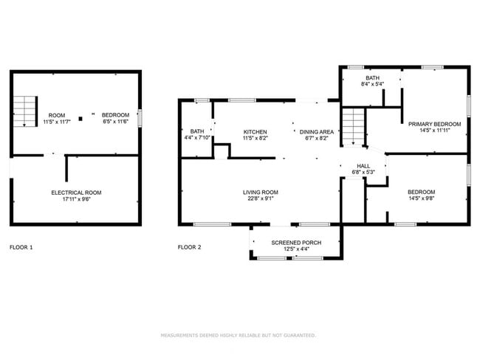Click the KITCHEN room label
click(x=256, y=132)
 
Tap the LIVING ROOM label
click(x=261, y=193)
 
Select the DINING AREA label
click(x=316, y=132)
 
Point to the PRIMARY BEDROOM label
click(x=435, y=124)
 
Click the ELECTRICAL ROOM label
click(x=76, y=193)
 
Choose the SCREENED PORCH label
click(x=295, y=243)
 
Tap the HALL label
click(x=363, y=166)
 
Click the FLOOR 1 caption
click(x=21, y=247)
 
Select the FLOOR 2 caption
click(x=190, y=247)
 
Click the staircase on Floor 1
click(x=26, y=111)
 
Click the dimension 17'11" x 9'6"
click(x=76, y=199)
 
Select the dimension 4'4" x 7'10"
click(x=197, y=138)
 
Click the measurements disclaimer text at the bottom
click(x=239, y=335)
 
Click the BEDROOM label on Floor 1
click(x=115, y=115)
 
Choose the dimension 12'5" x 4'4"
click(x=295, y=249)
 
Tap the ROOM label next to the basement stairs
click(x=56, y=115)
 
